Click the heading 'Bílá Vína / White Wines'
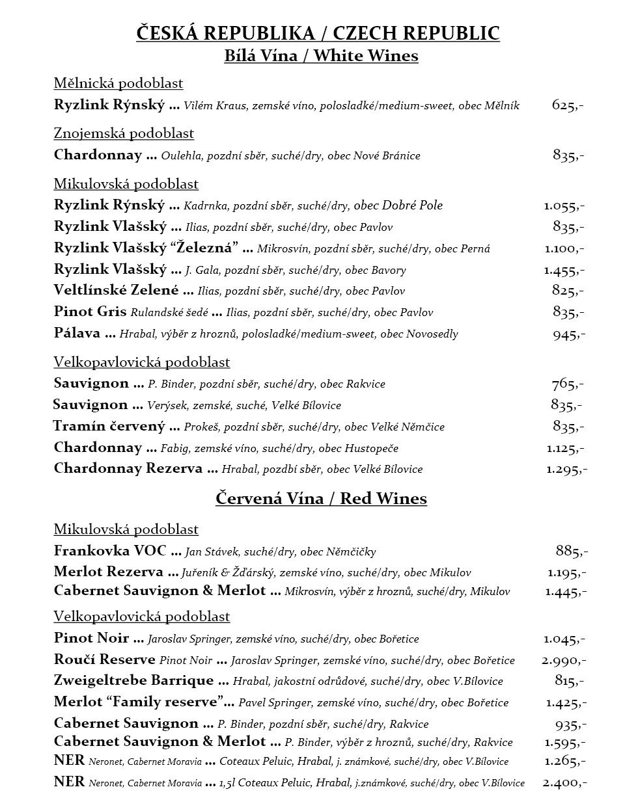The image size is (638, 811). point(321,56)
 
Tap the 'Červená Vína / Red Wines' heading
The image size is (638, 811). point(321,499)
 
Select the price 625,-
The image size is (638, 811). point(568,105)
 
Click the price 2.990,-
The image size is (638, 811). point(564,660)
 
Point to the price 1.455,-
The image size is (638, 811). point(564,270)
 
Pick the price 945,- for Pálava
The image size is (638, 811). point(569,334)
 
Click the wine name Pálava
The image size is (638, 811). point(77,334)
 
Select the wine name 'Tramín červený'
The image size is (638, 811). point(109,427)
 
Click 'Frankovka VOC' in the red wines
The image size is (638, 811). point(110,551)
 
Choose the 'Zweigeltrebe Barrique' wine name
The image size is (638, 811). point(133,681)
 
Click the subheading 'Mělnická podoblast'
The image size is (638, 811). point(118,83)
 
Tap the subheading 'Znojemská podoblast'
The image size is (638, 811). point(124,133)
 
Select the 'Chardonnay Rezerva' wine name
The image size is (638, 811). point(128,469)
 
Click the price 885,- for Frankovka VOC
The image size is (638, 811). point(572,551)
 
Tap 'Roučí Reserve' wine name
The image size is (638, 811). point(104,660)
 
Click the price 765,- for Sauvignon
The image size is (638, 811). point(568,384)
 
